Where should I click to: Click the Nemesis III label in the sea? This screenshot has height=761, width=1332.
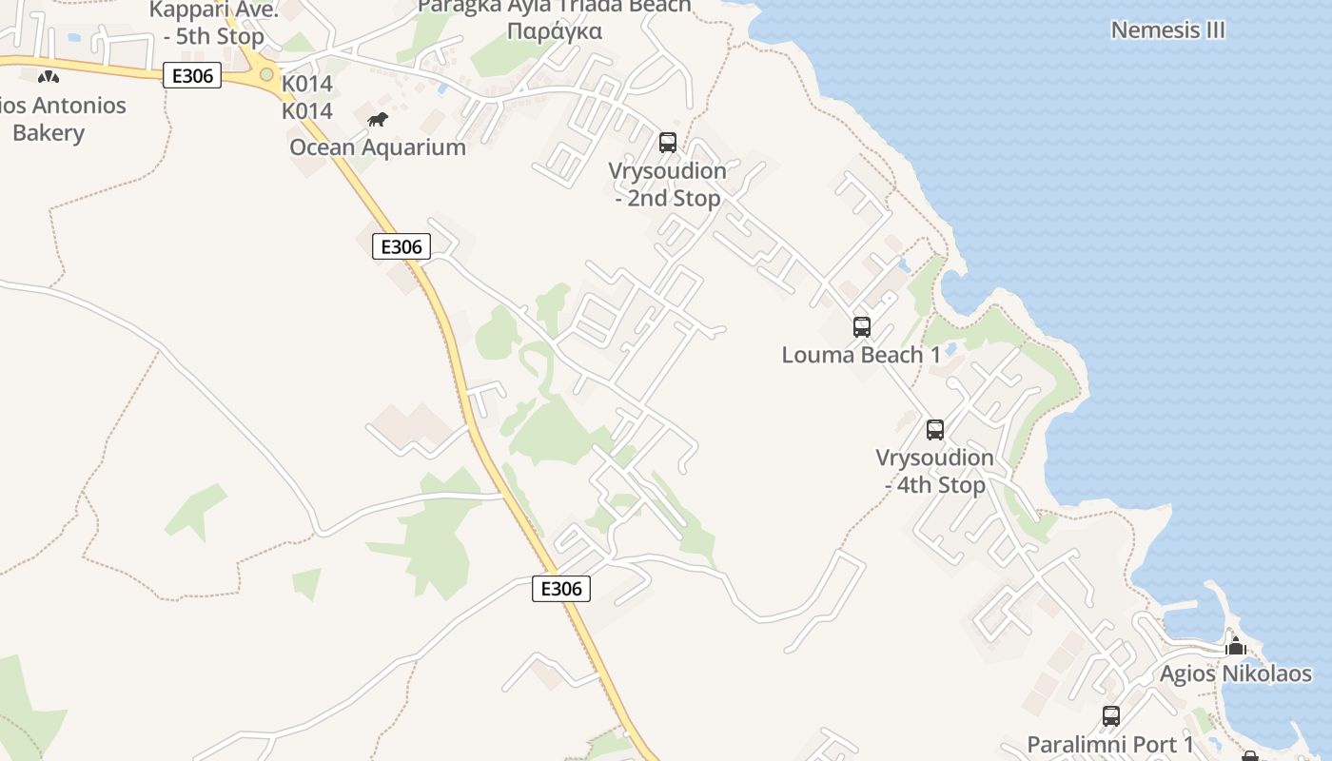click(1167, 29)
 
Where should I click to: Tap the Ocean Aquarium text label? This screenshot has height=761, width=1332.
click(378, 147)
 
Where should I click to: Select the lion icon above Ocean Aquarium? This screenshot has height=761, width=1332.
click(378, 120)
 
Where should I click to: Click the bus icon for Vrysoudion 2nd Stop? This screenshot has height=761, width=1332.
click(668, 143)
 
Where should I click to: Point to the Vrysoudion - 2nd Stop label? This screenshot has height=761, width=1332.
click(668, 185)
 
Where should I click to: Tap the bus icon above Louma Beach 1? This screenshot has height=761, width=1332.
click(861, 327)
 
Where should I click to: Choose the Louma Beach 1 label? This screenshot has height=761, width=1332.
click(861, 355)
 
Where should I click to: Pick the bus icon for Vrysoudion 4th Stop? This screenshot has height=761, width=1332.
click(935, 430)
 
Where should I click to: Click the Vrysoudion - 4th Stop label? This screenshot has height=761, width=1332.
click(934, 471)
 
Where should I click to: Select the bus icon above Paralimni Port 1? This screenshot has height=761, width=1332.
click(1110, 716)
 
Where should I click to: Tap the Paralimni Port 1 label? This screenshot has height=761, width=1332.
click(1110, 744)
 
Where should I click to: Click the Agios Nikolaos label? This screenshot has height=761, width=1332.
click(1235, 674)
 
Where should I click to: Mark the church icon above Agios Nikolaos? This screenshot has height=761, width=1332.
click(1235, 648)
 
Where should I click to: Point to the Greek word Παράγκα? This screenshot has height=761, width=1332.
click(555, 31)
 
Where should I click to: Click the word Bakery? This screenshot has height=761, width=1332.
click(49, 133)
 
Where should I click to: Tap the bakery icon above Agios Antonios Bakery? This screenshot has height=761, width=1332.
click(49, 76)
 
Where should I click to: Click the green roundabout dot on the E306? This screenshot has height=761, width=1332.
click(266, 74)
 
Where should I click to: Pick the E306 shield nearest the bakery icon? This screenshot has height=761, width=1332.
click(192, 76)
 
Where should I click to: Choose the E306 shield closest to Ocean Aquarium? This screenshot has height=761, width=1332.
click(401, 247)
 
